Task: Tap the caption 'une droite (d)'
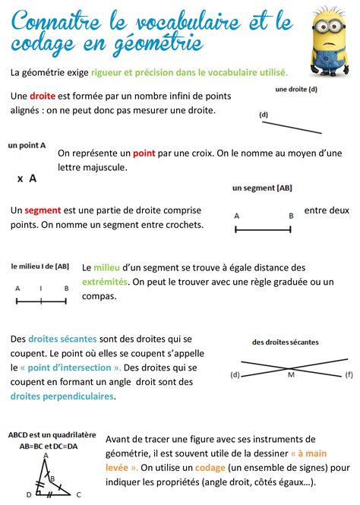pos(296,90)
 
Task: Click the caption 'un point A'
pos(27,144)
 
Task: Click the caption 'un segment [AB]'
pos(262,188)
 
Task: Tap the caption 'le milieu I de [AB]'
pos(40,267)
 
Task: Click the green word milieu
pos(107,267)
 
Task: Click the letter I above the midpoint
pos(41,289)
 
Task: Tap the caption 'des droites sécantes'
pos(286,342)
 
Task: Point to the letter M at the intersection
pos(291,374)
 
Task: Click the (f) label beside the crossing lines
pos(349,374)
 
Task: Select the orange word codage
pos(210,468)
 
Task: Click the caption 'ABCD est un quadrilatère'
pos(52,435)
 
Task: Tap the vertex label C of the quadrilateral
pos(78,494)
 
